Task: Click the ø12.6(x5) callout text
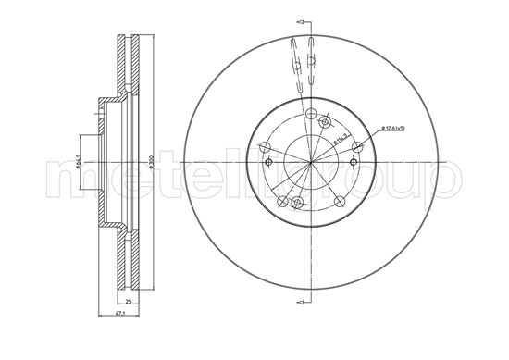tap(387, 129)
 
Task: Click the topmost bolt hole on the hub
tap(324, 122)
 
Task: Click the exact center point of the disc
tap(309, 162)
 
